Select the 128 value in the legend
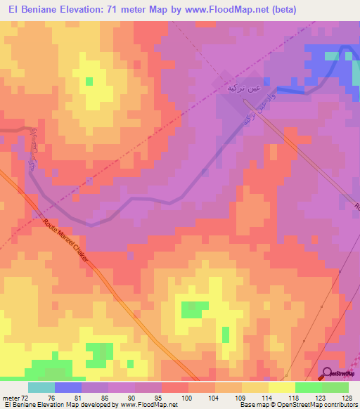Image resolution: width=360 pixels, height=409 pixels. pos(347,397)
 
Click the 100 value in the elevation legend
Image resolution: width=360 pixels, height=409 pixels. pos(187,397)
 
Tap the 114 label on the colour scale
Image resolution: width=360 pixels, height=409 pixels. pos(267,397)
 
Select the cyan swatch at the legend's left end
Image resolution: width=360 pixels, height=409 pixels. pos(41,387)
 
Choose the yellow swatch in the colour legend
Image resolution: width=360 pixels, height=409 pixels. pos(281,387)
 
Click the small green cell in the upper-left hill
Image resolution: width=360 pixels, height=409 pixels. pos(89,81)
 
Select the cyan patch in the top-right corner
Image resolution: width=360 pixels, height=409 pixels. pos(331,56)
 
